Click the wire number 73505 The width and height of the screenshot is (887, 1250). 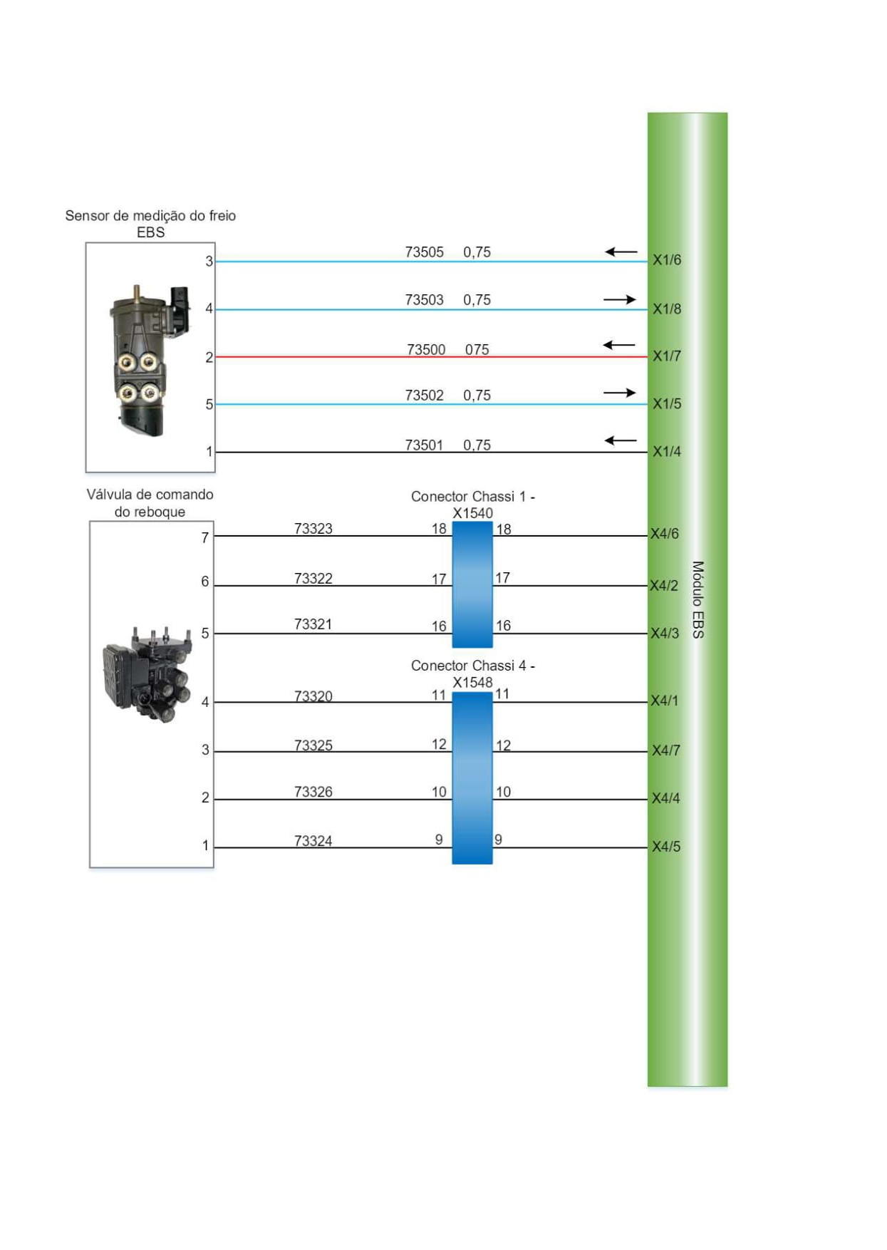(x=424, y=252)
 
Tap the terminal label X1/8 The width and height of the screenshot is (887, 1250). (x=667, y=309)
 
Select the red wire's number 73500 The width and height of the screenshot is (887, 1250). (x=426, y=349)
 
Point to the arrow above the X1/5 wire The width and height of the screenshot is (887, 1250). (x=619, y=393)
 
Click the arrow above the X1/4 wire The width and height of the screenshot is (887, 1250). (x=621, y=440)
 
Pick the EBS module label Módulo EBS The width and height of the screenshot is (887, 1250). (x=698, y=599)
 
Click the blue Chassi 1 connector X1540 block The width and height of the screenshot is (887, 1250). (x=472, y=584)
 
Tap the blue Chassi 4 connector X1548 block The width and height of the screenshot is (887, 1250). (x=472, y=778)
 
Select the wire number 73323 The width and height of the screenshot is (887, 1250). (x=313, y=529)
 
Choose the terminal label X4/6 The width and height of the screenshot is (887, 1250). (x=665, y=533)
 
